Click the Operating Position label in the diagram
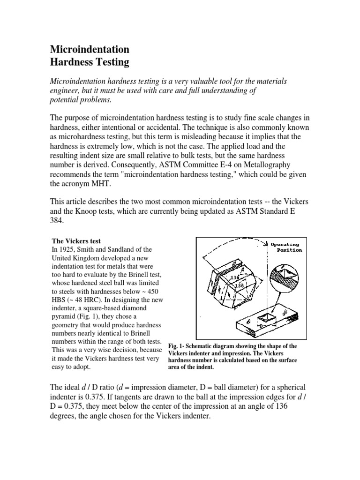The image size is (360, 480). point(286,247)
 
